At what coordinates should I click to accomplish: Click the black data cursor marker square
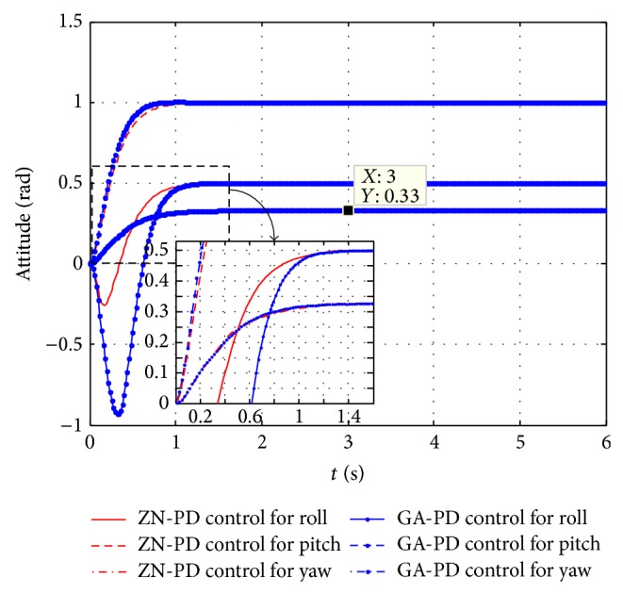click(x=348, y=210)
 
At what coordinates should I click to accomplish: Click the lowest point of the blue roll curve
click(x=118, y=414)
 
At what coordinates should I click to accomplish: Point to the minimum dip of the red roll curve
click(x=104, y=305)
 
